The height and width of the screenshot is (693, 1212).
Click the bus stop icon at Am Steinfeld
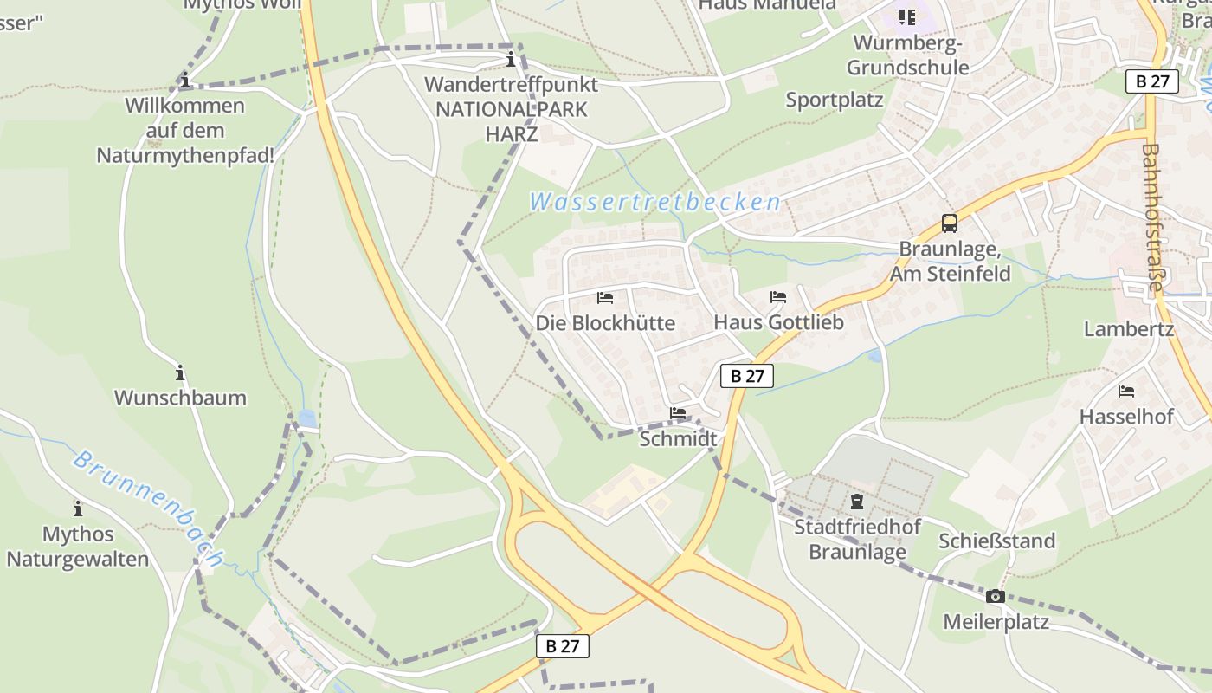coord(950,223)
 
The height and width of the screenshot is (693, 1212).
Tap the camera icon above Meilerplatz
coord(996,596)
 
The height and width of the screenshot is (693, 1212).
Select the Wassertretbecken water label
coord(654,203)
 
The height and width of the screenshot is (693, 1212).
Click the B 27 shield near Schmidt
coord(746,375)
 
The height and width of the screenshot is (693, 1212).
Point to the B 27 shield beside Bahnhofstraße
coord(1152,81)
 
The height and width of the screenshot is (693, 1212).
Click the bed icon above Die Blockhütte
coord(605,298)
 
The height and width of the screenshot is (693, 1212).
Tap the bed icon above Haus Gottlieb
coord(778,297)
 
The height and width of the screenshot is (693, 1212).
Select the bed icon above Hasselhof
coord(1126,392)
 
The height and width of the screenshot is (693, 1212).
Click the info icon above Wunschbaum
coord(180,372)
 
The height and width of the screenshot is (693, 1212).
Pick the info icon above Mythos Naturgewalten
coord(78,508)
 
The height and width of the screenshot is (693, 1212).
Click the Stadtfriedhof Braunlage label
coord(857,539)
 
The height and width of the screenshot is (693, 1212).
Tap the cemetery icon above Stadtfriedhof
coord(857,501)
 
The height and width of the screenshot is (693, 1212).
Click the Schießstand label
coord(997,541)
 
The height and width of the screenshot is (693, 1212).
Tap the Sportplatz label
coord(835,100)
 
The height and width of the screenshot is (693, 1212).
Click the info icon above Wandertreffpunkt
coord(511,60)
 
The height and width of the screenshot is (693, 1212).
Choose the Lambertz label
coord(1129,329)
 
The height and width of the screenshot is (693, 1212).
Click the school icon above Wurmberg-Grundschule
coord(906,16)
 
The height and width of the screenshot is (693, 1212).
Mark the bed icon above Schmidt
coord(678,413)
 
